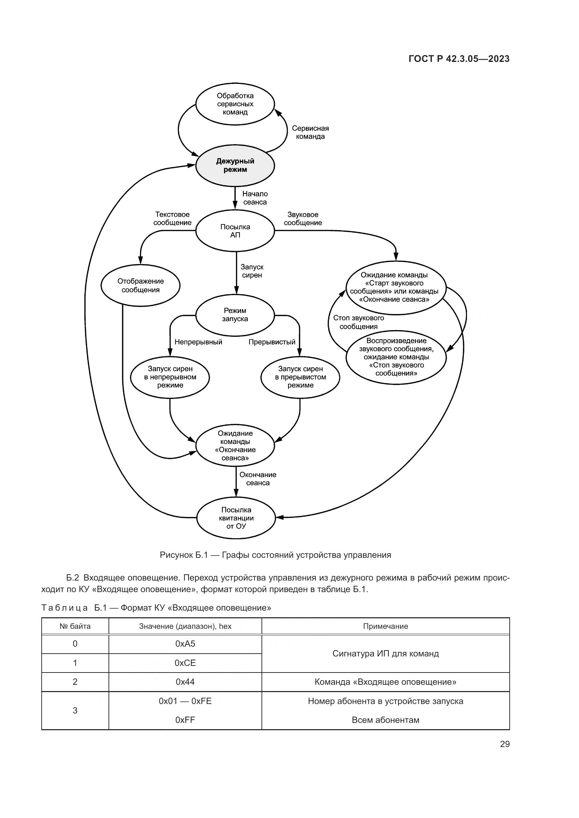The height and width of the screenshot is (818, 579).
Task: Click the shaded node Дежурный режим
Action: click(x=235, y=165)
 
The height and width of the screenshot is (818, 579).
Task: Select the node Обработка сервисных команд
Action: click(x=235, y=104)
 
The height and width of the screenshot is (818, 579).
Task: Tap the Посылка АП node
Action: click(x=235, y=231)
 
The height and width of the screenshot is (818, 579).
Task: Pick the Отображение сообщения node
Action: click(x=140, y=285)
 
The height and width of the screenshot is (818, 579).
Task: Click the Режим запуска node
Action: click(x=235, y=315)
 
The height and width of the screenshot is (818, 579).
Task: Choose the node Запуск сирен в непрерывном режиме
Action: click(x=170, y=377)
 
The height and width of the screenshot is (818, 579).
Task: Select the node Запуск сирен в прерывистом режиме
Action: click(x=300, y=377)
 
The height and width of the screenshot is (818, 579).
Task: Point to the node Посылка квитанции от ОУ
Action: click(x=236, y=518)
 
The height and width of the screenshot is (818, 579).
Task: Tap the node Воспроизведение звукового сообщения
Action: click(x=396, y=357)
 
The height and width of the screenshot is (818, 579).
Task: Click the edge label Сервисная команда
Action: click(x=310, y=132)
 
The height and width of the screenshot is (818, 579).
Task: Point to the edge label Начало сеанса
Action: click(x=255, y=198)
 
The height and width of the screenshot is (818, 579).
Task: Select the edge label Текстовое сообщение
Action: click(x=173, y=218)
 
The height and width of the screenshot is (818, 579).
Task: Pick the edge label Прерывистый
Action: click(x=272, y=342)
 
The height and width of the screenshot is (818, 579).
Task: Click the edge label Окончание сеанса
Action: click(x=258, y=478)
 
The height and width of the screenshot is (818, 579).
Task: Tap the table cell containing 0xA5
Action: click(x=185, y=644)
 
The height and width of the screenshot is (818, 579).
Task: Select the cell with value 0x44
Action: click(x=185, y=682)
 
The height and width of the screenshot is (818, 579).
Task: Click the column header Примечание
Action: click(x=385, y=626)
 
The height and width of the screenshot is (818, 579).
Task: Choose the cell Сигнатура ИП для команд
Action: click(x=385, y=653)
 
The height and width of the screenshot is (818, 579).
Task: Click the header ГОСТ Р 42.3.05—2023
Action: click(x=459, y=59)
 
